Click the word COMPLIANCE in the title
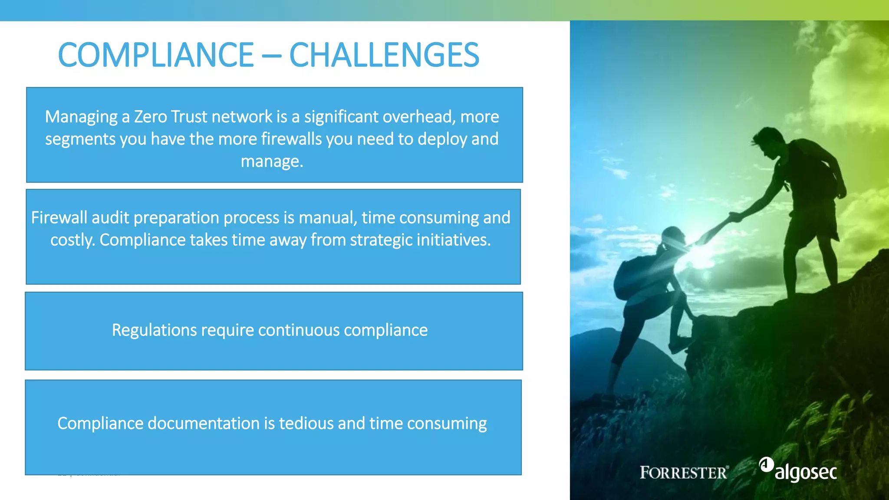click(x=155, y=55)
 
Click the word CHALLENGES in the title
click(x=384, y=55)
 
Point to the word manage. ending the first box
click(x=272, y=161)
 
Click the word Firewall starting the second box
click(x=59, y=217)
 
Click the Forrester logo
click(x=684, y=472)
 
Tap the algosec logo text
click(x=806, y=472)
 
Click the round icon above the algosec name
click(x=766, y=464)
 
